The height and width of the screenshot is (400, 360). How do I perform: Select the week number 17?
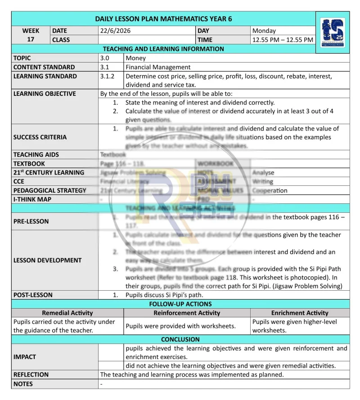pos(31,40)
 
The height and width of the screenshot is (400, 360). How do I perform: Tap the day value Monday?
pos(264,31)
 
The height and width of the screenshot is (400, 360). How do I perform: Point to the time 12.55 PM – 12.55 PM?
pos(283,40)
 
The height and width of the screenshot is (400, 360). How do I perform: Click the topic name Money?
pos(135,58)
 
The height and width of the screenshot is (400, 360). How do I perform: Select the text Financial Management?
pos(158,67)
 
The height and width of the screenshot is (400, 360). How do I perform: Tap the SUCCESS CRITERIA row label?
pos(40,137)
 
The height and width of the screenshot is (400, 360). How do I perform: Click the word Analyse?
pos(263,172)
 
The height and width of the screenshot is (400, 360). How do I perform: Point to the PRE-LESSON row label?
pos(31,221)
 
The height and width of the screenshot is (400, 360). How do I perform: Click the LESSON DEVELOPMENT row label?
pos(48,260)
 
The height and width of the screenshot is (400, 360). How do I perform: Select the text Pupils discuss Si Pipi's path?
pos(164,295)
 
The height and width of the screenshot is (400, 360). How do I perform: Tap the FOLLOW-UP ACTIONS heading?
pos(180,304)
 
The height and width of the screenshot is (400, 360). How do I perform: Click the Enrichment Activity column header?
pos(300,313)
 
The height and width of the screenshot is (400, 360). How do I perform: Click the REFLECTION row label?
pos(31,374)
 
